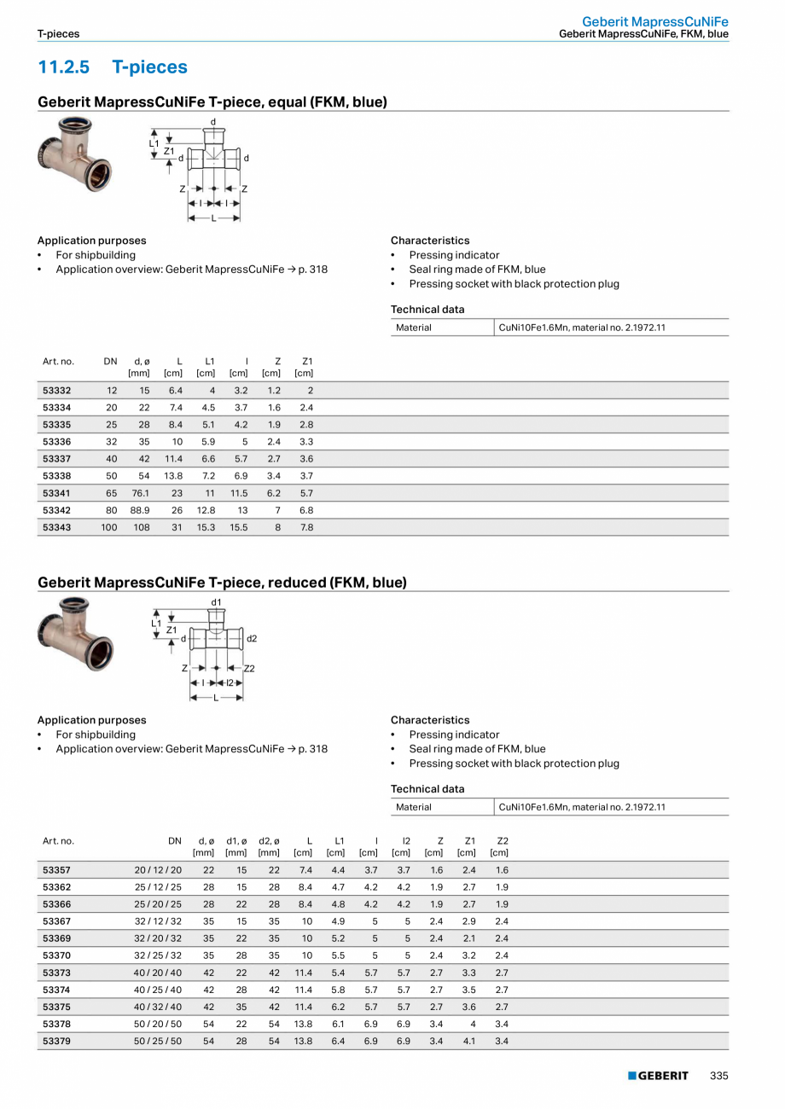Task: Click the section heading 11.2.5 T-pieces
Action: [113, 67]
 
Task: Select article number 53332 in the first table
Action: [57, 391]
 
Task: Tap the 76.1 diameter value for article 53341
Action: [141, 493]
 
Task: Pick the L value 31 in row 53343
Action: [177, 527]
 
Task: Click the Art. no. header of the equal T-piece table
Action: [58, 362]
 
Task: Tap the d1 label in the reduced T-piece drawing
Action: [216, 602]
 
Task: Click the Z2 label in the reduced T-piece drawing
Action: [249, 669]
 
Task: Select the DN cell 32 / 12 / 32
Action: [158, 921]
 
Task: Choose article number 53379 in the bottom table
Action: [57, 1041]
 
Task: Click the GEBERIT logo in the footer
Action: [658, 1076]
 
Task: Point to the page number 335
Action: [718, 1076]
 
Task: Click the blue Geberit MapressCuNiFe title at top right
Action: [655, 20]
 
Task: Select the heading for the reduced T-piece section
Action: [222, 583]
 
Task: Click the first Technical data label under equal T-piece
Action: [427, 309]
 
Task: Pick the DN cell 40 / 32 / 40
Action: [158, 1007]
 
